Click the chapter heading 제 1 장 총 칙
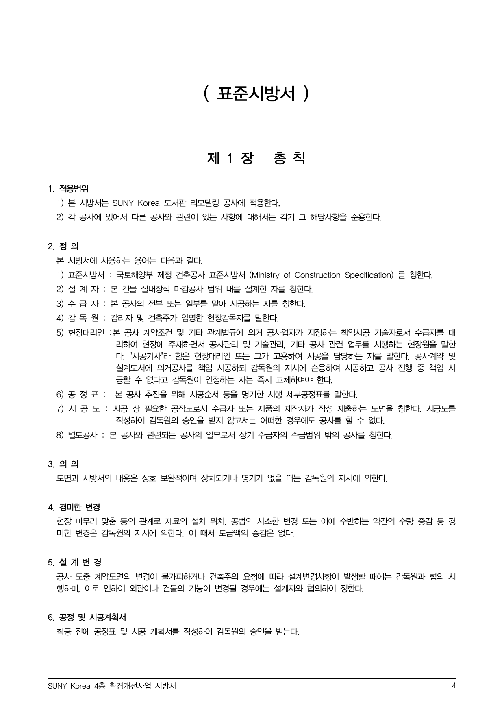click(x=256, y=158)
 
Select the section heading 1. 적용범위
click(x=68, y=189)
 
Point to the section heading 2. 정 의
click(x=63, y=246)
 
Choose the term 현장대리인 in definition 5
click(x=86, y=333)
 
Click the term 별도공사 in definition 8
click(x=83, y=435)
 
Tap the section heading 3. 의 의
click(x=63, y=464)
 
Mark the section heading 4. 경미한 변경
click(x=74, y=508)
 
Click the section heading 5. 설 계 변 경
click(x=75, y=563)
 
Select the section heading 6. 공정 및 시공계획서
click(x=87, y=617)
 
